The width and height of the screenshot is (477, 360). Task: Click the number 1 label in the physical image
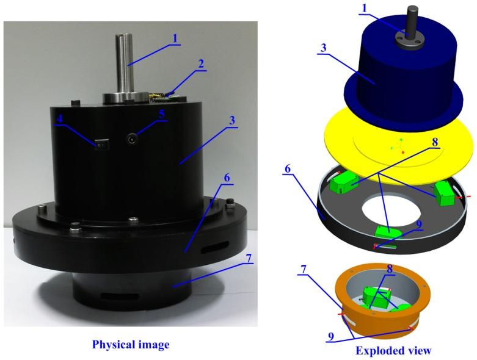pos(175,38)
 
